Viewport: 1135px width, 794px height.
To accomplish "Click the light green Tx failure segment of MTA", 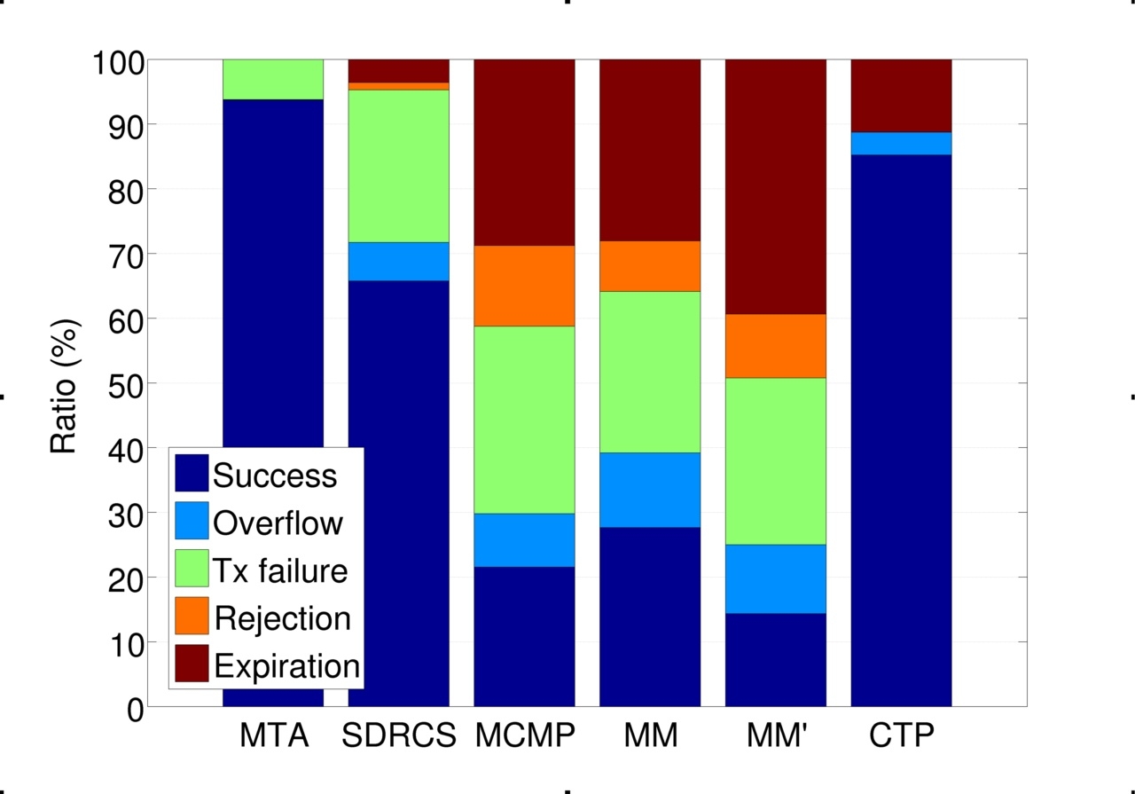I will pyautogui.click(x=272, y=80).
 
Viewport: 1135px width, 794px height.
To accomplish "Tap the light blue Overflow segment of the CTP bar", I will pyautogui.click(x=901, y=143).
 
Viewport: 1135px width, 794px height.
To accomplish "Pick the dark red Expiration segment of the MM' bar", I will pyautogui.click(x=776, y=186).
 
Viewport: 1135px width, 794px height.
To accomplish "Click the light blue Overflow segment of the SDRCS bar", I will pyautogui.click(x=398, y=261).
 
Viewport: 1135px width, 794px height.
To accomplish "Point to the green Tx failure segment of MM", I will pyautogui.click(x=650, y=372).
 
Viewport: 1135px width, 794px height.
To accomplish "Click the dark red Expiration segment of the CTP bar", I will pyautogui.click(x=901, y=96).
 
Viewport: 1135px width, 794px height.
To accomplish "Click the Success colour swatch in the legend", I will pyautogui.click(x=191, y=474).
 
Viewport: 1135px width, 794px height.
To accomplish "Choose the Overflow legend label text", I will pyautogui.click(x=278, y=523).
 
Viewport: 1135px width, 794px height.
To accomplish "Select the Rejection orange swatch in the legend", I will pyautogui.click(x=191, y=616).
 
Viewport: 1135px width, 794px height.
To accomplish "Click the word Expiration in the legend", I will pyautogui.click(x=286, y=665).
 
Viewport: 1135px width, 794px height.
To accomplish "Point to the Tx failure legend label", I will pyautogui.click(x=280, y=570).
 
